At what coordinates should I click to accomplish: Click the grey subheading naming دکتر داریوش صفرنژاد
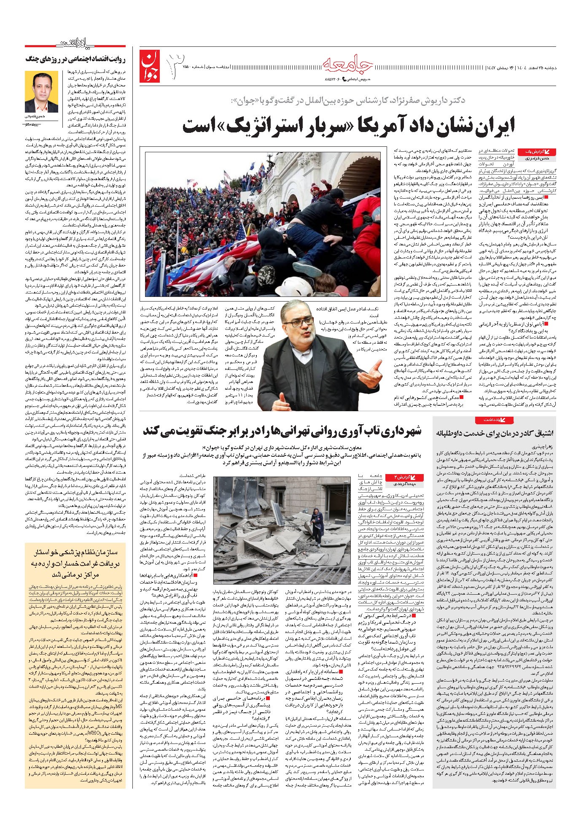(x=348, y=101)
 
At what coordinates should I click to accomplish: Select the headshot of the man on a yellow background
(x=41, y=92)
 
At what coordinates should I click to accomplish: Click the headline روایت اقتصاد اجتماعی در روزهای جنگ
(x=75, y=59)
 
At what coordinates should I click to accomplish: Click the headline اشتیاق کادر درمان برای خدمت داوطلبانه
(x=495, y=433)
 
